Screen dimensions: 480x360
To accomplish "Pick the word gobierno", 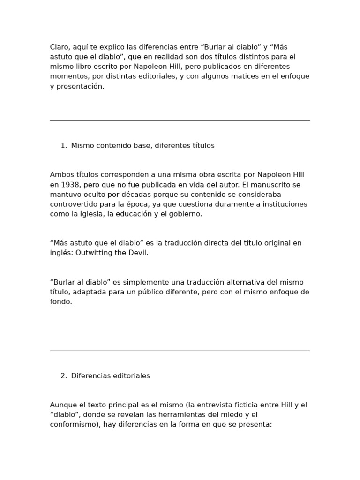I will tap(186, 214).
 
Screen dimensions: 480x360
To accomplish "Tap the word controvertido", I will tap(72, 204).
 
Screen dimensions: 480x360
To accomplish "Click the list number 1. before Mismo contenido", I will tap(64, 146).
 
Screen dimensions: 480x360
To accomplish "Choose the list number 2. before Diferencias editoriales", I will tap(64, 376).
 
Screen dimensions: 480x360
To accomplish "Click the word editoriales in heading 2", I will tap(132, 376).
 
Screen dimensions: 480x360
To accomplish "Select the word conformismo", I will tap(73, 424).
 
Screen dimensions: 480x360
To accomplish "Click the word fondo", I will tap(60, 301).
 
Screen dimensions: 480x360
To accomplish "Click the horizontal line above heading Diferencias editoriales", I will tap(180, 351).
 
